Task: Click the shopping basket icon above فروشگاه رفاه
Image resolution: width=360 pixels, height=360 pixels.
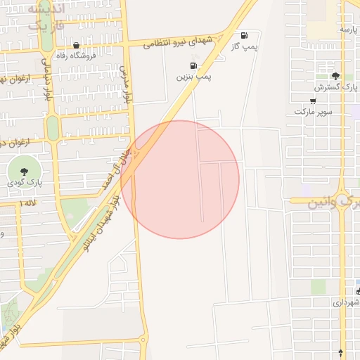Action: point(76,46)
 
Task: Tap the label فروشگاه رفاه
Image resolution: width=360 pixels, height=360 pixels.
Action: point(77,57)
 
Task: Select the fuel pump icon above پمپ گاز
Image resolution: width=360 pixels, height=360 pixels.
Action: point(244,35)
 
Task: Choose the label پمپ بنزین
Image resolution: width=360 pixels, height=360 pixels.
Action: point(194,75)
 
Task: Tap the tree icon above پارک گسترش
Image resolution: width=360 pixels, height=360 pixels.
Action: point(335,76)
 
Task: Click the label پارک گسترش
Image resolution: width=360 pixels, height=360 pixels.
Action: point(328,87)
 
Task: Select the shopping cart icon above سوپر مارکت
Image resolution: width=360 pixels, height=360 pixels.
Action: point(313,101)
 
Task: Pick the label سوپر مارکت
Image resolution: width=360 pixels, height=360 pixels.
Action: point(313,112)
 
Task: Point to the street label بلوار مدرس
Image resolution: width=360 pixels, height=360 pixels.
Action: point(126,85)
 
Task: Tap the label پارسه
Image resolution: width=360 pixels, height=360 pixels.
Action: point(349,29)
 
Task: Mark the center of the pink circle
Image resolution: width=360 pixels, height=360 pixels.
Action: point(180,179)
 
